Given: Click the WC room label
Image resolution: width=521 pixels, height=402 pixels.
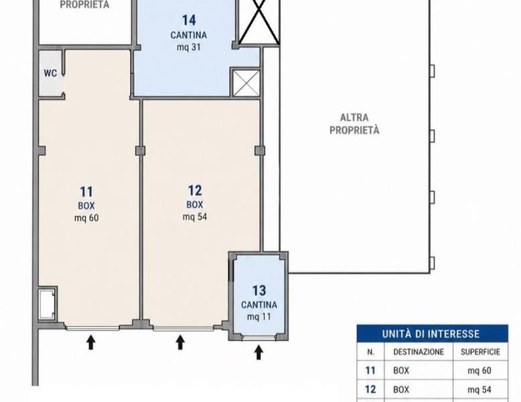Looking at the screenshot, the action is [x=50, y=73].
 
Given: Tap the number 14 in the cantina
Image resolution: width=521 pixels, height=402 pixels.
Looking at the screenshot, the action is [x=188, y=20].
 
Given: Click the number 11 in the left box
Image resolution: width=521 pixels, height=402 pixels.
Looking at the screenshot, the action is [x=86, y=192].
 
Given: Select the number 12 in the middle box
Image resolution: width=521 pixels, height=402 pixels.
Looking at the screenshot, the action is [x=194, y=190].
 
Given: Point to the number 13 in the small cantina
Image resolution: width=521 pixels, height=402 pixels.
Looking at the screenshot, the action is [x=259, y=291].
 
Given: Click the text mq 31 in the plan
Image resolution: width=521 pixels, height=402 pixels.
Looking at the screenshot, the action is [x=188, y=47].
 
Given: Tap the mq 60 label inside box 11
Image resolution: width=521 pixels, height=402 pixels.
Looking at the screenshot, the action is [x=86, y=218].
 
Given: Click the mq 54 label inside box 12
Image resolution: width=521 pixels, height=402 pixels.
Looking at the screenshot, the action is [x=194, y=217].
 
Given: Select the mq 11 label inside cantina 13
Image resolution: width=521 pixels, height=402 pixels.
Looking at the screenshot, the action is [x=259, y=317].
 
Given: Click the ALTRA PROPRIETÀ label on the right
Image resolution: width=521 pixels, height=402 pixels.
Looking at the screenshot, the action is [x=354, y=124].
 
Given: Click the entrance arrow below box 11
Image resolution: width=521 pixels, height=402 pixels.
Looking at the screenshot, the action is [x=91, y=342].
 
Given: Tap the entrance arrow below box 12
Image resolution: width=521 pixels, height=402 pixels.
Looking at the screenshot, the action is [x=180, y=342].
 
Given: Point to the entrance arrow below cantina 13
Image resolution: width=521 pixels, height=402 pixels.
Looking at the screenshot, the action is [x=259, y=352].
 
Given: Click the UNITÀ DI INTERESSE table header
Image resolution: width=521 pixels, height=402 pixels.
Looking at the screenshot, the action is [x=430, y=334].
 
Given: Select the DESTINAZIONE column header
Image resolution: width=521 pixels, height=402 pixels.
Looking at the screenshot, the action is [x=418, y=352].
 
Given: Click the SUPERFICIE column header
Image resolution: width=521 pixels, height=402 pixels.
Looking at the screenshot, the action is [x=480, y=352].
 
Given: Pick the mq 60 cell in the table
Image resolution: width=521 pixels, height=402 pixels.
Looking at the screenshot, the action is [x=479, y=371].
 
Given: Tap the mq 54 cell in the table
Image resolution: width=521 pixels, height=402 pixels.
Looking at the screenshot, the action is [x=479, y=389].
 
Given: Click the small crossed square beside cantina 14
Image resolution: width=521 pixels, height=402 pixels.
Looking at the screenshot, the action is [x=246, y=83].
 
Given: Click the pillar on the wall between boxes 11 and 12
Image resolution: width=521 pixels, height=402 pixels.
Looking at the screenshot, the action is [x=141, y=151].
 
